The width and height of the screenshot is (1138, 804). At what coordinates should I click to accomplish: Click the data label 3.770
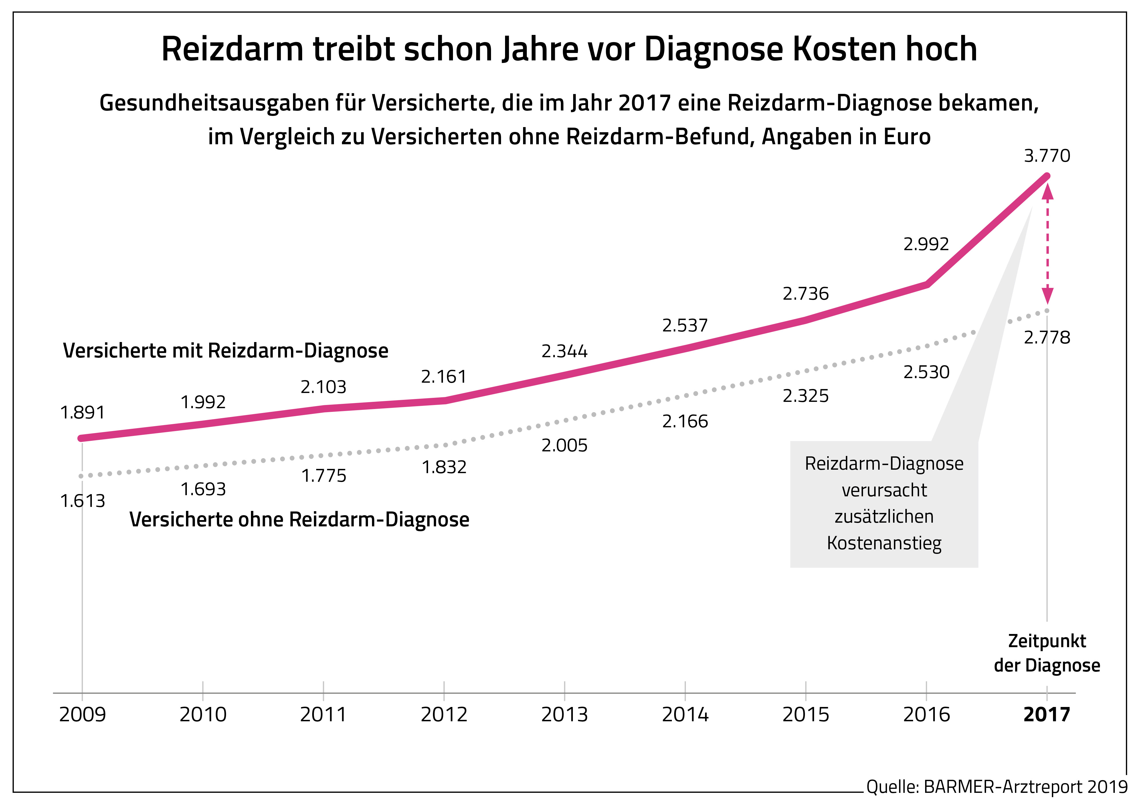pos(1047,156)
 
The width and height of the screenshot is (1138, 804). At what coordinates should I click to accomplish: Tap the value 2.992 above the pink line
pos(926,244)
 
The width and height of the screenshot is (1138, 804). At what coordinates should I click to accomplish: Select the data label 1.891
pos(82,412)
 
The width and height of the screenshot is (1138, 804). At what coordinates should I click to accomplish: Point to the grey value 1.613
pos(82,501)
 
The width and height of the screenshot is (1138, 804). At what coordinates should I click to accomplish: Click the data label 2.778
pos(1047,338)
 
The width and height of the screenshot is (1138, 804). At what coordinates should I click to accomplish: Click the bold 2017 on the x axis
pos(1047,715)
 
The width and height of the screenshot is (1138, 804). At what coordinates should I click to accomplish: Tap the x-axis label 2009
pos(82,715)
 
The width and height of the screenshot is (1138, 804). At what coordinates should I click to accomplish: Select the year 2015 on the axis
pos(805,715)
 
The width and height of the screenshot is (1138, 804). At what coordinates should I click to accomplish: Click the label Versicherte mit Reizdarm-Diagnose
pos(225,351)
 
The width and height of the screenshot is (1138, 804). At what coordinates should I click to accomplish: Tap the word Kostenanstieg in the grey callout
pos(884,543)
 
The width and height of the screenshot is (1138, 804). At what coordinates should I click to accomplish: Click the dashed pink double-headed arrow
pos(1047,243)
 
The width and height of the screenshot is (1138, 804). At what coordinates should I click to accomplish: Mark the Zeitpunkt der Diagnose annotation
pos(1047,653)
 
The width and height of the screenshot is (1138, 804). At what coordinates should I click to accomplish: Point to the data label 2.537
pos(685,326)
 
